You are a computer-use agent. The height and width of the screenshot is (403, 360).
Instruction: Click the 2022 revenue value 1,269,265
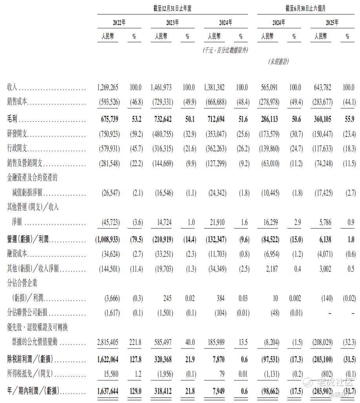[107, 87]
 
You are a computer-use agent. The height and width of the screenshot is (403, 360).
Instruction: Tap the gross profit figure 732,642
[161, 119]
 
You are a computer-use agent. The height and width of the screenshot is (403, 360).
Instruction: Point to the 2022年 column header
[119, 23]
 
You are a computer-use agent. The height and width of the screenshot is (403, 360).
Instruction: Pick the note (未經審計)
[279, 62]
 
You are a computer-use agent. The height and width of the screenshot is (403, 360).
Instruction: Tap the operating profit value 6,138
[323, 239]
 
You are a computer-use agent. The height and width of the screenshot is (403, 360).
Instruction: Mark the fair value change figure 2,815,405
[107, 342]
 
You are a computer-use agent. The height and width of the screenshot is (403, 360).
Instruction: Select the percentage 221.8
[135, 342]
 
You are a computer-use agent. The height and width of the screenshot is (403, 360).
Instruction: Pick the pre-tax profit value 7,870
[217, 358]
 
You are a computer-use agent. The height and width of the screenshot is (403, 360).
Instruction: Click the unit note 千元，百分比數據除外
[225, 50]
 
